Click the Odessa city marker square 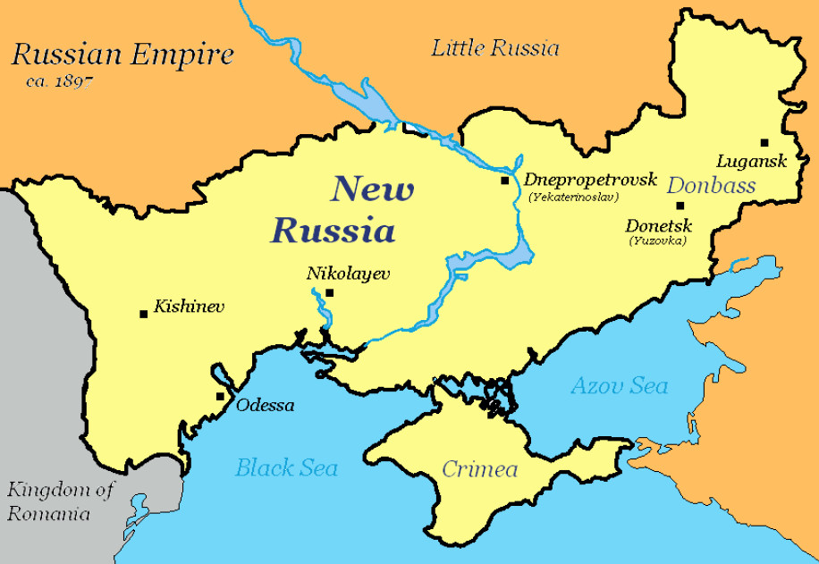[220, 397]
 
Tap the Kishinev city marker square [143, 314]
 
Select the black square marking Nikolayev [329, 292]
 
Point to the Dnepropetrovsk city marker [505, 181]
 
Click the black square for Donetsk [680, 206]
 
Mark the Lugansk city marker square [764, 142]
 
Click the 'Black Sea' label [286, 467]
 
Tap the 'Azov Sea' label [620, 386]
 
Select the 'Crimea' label [480, 469]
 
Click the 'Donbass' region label [712, 185]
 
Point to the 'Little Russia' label [495, 47]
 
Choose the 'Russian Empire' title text [122, 55]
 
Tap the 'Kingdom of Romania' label [62, 501]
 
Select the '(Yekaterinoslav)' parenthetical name [572, 196]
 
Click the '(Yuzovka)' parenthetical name [657, 240]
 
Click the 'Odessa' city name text [266, 405]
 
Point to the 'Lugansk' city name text [751, 162]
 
